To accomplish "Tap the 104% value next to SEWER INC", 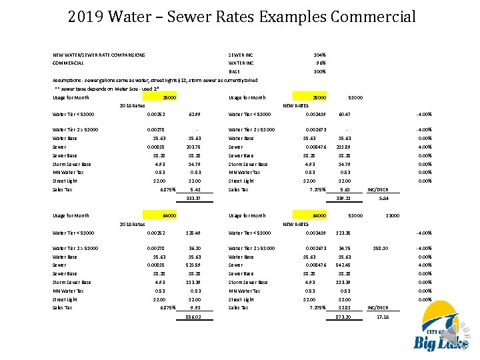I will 319,55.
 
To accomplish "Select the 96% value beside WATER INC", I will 321,63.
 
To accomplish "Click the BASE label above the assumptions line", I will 234,71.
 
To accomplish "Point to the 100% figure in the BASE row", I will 319,71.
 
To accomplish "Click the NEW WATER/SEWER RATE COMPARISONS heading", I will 99,55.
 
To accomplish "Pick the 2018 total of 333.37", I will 194,198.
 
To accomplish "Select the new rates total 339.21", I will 344,198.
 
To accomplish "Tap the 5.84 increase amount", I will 383,198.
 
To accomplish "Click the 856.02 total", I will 194,317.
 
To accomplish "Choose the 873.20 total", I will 344,317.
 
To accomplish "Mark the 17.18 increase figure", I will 383,317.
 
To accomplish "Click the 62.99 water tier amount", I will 195,113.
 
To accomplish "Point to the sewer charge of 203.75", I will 194,147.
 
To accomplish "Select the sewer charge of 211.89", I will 344,147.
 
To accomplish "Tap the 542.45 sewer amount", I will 344,265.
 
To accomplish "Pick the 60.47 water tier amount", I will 345,113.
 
